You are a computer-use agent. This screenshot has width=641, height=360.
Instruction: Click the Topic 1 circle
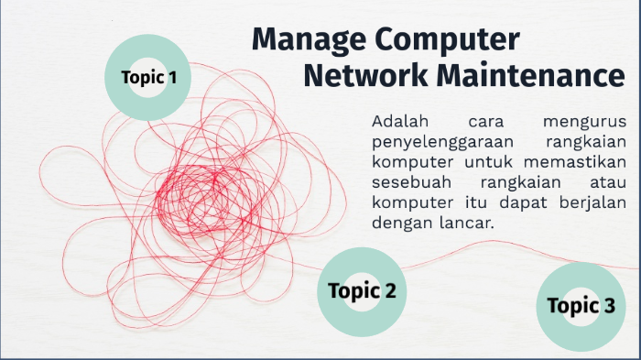[148, 77]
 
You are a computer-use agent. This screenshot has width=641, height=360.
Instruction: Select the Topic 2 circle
[362, 291]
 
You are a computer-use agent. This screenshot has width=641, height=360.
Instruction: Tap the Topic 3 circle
[581, 306]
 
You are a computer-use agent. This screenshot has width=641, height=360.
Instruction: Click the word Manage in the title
[309, 40]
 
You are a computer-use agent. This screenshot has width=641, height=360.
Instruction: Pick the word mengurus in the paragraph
[583, 122]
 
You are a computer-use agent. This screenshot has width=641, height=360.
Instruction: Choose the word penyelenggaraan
[440, 142]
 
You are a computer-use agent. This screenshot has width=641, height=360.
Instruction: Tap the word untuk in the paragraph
[488, 162]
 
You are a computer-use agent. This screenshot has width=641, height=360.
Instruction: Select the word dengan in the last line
[402, 223]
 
